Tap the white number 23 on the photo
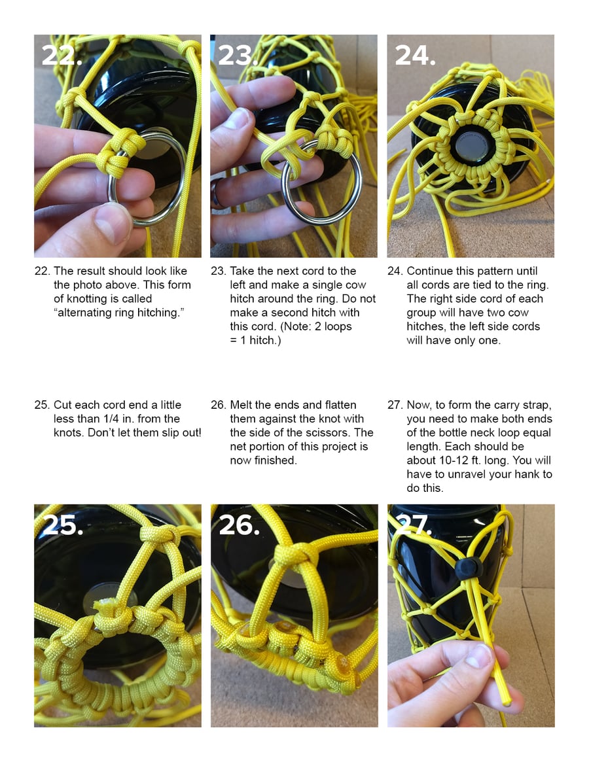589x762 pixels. pyautogui.click(x=237, y=56)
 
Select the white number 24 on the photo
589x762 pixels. pyautogui.click(x=415, y=56)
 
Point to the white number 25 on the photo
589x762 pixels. pyautogui.click(x=63, y=525)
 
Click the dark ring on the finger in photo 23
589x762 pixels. pyautogui.click(x=217, y=193)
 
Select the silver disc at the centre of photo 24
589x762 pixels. pyautogui.click(x=471, y=145)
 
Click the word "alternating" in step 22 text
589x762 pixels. pyautogui.click(x=84, y=313)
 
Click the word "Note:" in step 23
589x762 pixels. pyautogui.click(x=296, y=326)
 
